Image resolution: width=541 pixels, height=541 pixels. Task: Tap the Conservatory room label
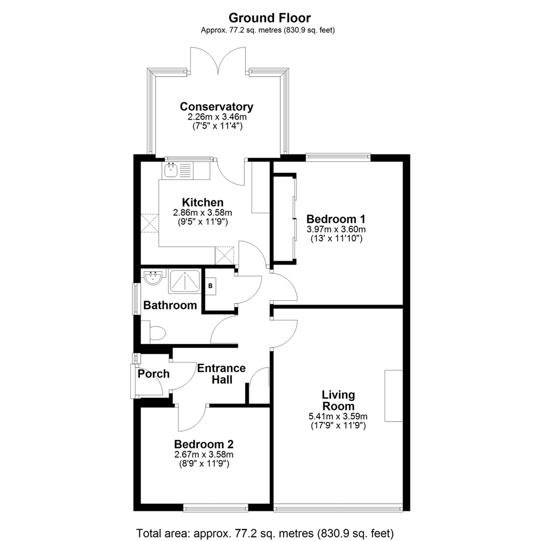coord(217,107)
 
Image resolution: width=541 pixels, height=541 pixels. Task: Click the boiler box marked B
coord(210,287)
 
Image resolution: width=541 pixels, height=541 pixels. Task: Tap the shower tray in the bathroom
coord(184,282)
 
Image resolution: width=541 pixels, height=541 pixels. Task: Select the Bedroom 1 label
coord(336,219)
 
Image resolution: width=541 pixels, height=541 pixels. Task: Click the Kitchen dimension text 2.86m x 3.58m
coord(202,212)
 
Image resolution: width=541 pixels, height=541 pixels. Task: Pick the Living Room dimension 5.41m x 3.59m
coord(338,416)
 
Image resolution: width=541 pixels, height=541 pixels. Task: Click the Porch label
coord(154,374)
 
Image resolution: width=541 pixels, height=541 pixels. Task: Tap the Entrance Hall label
coord(221,374)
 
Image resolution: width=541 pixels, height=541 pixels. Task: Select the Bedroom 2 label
coord(203,444)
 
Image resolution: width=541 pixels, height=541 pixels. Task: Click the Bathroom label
coord(170,306)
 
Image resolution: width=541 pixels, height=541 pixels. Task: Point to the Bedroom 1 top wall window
coord(338,158)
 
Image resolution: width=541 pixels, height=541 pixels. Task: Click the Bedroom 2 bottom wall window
coord(215,507)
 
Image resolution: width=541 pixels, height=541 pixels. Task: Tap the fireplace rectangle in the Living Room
coord(394,396)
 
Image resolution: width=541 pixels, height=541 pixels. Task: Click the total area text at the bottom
coord(265,533)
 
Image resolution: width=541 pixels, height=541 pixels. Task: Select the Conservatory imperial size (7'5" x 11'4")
coord(217,126)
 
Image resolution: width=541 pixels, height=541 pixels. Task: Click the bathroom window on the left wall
coord(137,299)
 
